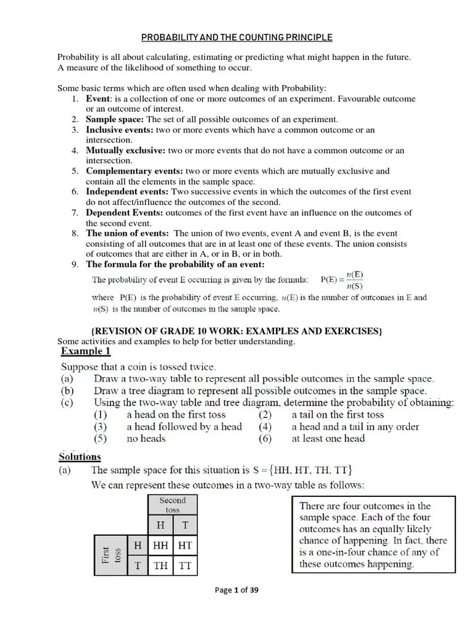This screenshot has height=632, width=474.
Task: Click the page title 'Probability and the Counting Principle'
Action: (x=237, y=38)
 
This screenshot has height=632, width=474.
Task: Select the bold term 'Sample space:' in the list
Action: (x=115, y=119)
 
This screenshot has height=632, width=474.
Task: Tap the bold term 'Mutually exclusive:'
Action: (x=125, y=150)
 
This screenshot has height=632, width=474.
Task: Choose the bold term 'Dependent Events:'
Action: (x=125, y=213)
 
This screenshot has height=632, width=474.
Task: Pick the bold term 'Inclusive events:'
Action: (x=120, y=130)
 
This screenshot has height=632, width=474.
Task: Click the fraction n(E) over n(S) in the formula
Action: (x=354, y=280)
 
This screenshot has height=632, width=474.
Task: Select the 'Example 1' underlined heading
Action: (x=86, y=351)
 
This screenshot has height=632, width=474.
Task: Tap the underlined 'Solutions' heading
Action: (x=80, y=457)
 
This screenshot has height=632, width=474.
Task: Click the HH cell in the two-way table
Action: (x=160, y=546)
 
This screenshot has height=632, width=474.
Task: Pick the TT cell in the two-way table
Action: (x=185, y=565)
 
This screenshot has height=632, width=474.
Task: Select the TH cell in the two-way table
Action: (x=160, y=565)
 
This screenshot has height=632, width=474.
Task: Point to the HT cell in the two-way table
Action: (x=185, y=546)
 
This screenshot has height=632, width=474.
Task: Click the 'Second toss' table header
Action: (x=172, y=505)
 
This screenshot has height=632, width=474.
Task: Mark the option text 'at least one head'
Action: (x=328, y=439)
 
